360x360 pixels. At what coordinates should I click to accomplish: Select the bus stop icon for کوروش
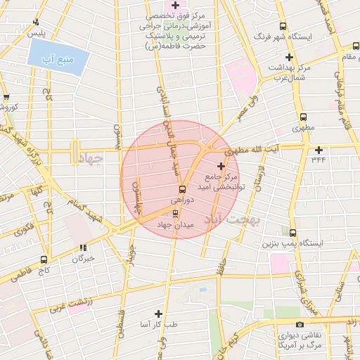pyautogui.click(x=6, y=97)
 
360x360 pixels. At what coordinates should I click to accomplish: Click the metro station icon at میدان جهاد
pyautogui.click(x=175, y=213)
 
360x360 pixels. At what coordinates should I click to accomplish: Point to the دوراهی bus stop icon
pyautogui.click(x=182, y=189)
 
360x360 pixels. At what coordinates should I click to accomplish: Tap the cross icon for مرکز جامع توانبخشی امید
pyautogui.click(x=221, y=166)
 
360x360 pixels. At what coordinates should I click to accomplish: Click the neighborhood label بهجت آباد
pyautogui.click(x=233, y=219)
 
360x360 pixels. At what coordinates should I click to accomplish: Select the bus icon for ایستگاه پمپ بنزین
pyautogui.click(x=292, y=233)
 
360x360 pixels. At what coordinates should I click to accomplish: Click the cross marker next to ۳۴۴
pyautogui.click(x=319, y=150)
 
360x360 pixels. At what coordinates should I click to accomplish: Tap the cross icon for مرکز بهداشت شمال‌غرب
pyautogui.click(x=288, y=57)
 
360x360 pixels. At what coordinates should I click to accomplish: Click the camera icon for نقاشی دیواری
pyautogui.click(x=300, y=324)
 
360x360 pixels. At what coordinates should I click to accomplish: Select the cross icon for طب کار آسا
pyautogui.click(x=157, y=314)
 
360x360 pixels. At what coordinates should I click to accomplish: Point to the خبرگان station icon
pyautogui.click(x=83, y=247)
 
